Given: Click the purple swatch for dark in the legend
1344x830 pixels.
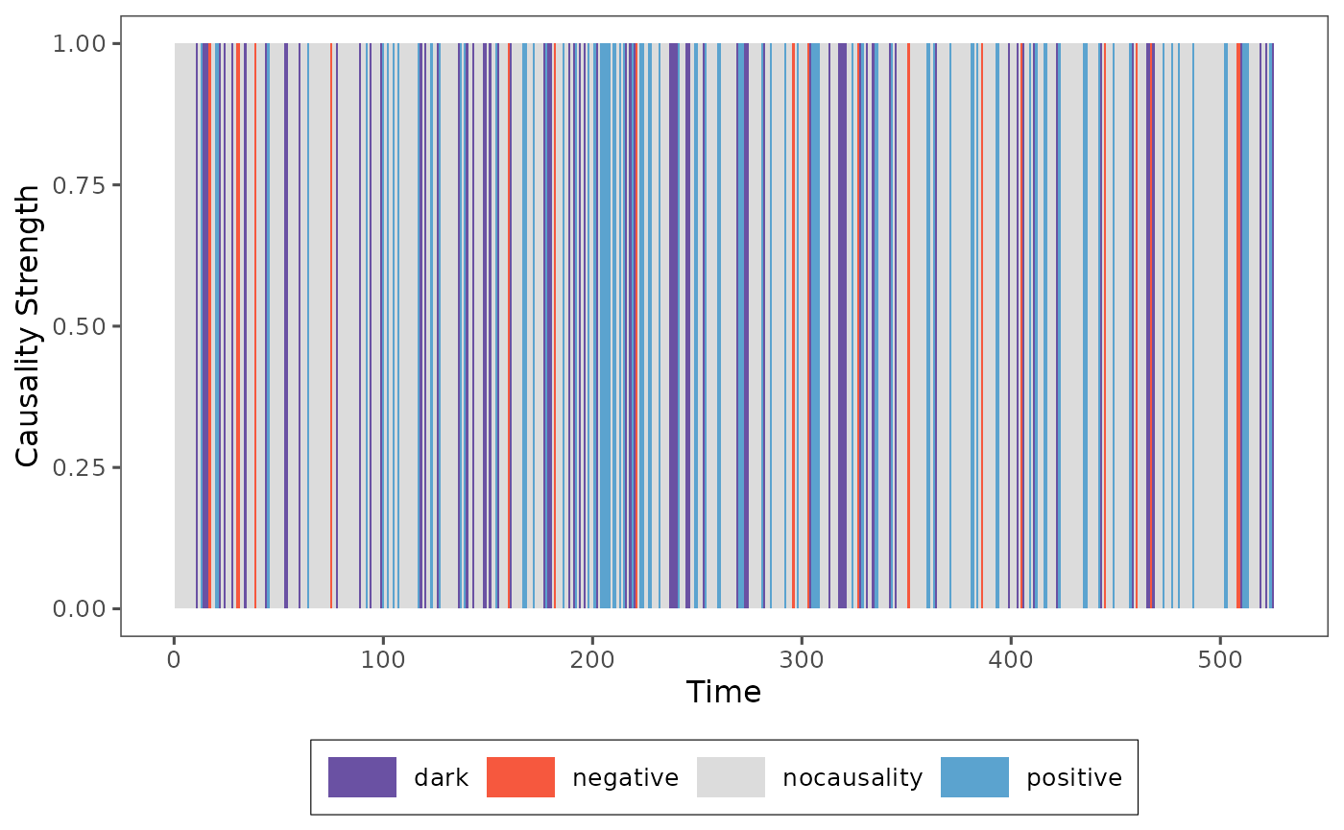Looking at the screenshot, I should pos(362,777).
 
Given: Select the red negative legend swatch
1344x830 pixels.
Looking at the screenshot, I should pos(520,777).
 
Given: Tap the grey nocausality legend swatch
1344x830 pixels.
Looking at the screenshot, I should pos(731,777).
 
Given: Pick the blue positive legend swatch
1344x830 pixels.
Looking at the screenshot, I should pos(974,777).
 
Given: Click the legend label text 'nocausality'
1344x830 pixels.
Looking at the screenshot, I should pos(852,777).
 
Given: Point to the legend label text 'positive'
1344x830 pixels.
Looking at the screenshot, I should pos(1074,777).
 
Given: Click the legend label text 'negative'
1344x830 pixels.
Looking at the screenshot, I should pos(625,777).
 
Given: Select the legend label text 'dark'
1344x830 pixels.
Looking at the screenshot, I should pos(441,777).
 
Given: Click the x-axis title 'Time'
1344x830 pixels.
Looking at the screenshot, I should pos(724,693).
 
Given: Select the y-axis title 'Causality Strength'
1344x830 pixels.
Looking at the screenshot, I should pos(29,326).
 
